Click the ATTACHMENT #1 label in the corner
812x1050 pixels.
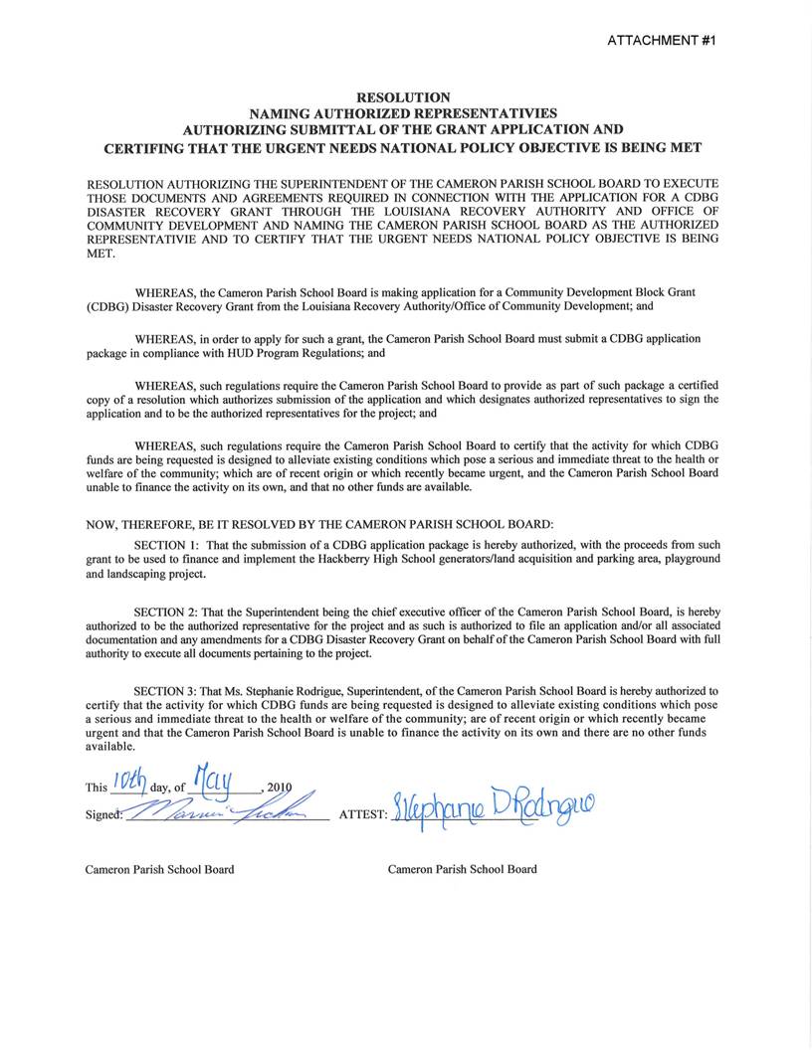coord(661,40)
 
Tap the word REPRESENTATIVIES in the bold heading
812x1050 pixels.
coord(479,113)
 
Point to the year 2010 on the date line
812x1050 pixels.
coord(282,787)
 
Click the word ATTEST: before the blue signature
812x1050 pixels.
coord(361,812)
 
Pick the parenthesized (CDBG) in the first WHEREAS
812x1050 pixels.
coord(107,306)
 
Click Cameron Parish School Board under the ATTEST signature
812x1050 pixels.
coord(462,869)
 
